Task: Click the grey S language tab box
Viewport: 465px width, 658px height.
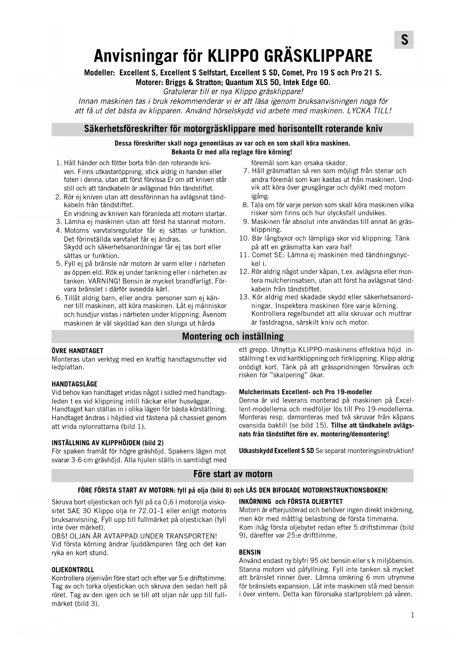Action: [404, 40]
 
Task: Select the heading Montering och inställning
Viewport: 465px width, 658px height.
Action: [232, 336]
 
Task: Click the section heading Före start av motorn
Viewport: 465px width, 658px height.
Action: [232, 474]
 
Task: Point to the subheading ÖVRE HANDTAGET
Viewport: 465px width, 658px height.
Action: [77, 351]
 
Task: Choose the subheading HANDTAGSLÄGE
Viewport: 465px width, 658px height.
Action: [74, 384]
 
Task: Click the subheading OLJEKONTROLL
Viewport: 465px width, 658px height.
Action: [73, 570]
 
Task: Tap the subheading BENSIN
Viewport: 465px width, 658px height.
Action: [250, 552]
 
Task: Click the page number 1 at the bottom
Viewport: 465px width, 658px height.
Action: [413, 615]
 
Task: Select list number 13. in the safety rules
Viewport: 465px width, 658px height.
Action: [244, 297]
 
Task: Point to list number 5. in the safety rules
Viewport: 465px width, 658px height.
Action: [58, 264]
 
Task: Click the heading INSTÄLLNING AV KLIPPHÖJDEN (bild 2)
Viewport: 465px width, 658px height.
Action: [108, 443]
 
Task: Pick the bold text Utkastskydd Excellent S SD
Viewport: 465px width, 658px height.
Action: [276, 451]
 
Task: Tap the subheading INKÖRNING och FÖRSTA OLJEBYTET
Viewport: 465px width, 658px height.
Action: [291, 502]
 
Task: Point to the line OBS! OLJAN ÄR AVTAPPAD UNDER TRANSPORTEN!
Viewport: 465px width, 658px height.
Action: [134, 536]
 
